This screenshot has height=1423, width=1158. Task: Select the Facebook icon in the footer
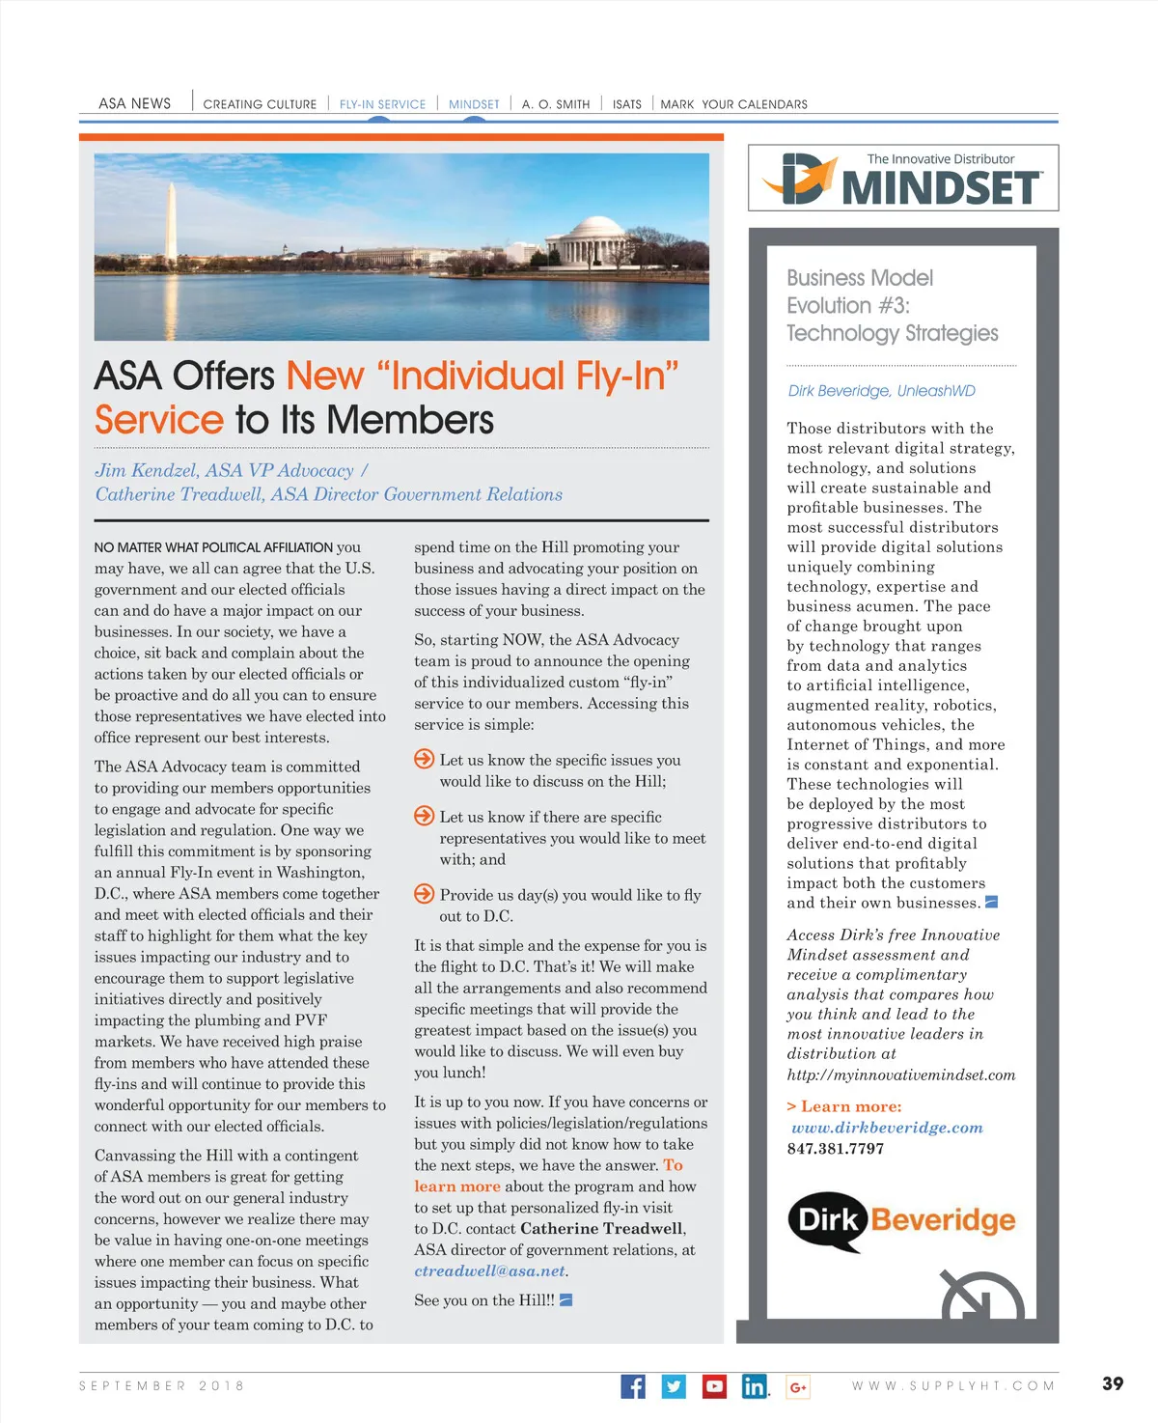[633, 1386]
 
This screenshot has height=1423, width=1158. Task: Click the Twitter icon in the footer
[674, 1386]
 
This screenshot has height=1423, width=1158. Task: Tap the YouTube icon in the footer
[714, 1386]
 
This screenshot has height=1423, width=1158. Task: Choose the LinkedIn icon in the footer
[755, 1386]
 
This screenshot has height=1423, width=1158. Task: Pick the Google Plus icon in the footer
[798, 1387]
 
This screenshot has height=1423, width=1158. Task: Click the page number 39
[1113, 1383]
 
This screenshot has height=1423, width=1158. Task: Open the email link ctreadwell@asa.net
[489, 1271]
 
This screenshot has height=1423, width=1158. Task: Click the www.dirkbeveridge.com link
[887, 1128]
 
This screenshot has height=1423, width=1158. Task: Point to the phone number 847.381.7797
[835, 1149]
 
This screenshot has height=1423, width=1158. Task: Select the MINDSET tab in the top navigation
[474, 104]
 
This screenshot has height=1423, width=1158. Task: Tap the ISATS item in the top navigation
[627, 104]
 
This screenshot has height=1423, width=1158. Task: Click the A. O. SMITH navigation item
[556, 104]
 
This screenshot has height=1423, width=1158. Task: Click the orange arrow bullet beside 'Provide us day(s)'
[424, 894]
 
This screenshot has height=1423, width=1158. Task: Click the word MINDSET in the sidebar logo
[941, 187]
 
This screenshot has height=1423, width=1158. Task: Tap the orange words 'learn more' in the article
[457, 1186]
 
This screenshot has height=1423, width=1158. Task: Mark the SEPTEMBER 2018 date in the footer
[161, 1385]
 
